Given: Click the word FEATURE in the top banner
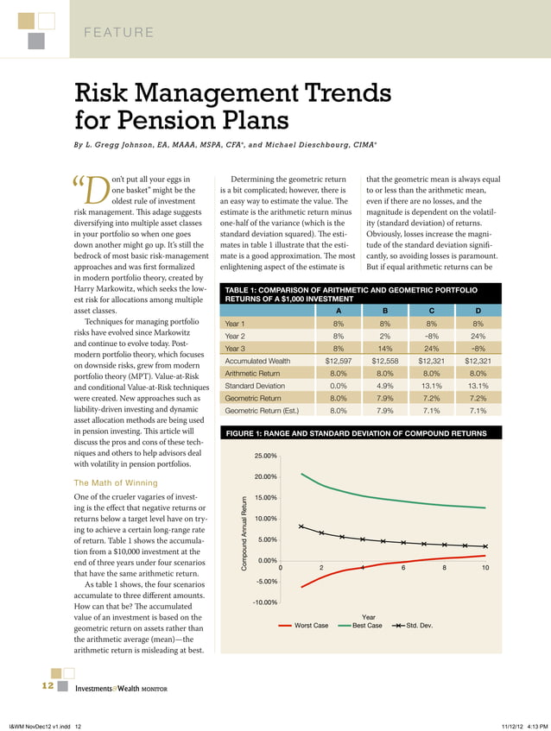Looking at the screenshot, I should [x=118, y=33].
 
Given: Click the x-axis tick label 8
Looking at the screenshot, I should [x=444, y=567].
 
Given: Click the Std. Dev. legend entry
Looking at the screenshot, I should [x=419, y=625].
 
